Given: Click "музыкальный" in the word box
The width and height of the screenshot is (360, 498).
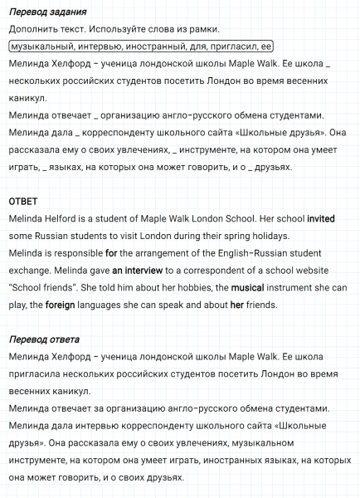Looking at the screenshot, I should (x=41, y=46).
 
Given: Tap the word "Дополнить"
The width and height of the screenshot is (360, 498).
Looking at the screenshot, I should (x=30, y=29).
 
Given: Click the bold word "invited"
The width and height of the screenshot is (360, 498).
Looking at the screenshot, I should (x=321, y=219).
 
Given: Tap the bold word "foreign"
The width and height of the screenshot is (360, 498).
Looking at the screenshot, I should (x=61, y=305).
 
